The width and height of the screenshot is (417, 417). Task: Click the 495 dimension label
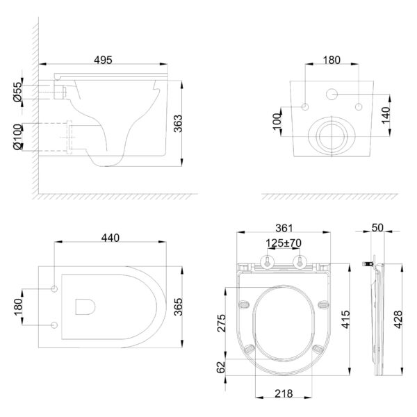coord(103,60)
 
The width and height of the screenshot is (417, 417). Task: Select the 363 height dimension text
coord(178,124)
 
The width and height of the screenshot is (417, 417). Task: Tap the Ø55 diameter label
coord(17,92)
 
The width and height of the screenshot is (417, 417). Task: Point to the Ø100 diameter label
coord(17,137)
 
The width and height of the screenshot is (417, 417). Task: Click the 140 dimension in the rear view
coord(386,115)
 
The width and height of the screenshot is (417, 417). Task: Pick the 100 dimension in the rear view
coord(277,122)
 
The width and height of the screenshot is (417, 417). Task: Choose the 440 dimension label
coord(111,238)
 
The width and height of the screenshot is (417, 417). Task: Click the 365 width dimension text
coord(178,306)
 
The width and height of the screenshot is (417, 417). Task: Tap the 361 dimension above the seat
coord(284,228)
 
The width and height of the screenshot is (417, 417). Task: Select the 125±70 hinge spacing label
coord(284,243)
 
